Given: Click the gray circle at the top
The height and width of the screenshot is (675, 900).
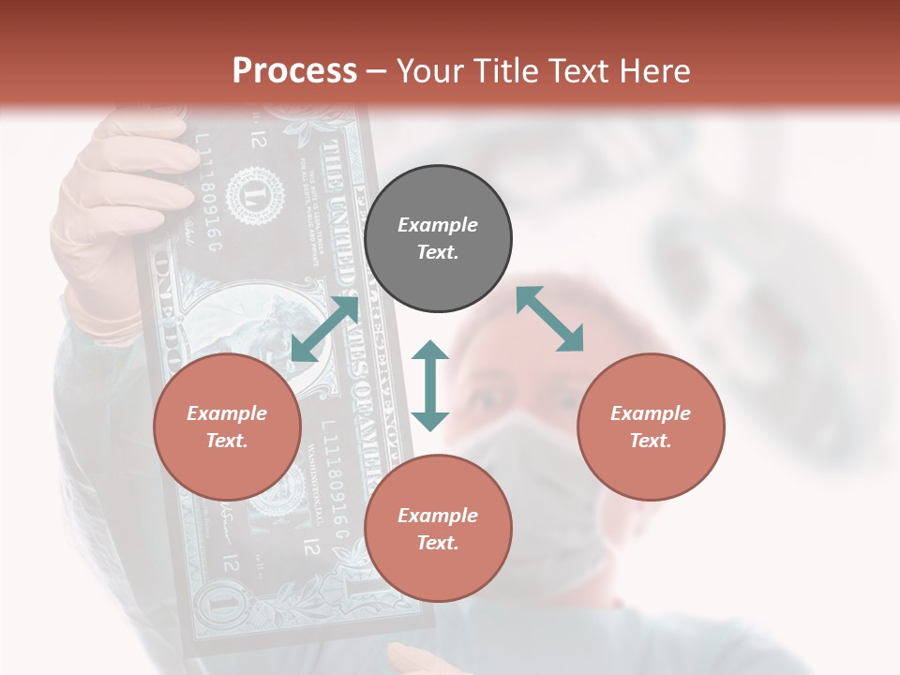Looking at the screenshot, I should (438, 239).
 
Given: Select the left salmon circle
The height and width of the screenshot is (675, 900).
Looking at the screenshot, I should (227, 427).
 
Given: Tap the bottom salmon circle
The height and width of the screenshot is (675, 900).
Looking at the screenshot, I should (438, 529).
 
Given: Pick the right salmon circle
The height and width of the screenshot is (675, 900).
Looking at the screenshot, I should (651, 427).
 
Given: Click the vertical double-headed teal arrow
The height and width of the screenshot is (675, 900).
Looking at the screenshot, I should (430, 385).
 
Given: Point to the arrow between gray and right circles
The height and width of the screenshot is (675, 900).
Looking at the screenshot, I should (549, 319).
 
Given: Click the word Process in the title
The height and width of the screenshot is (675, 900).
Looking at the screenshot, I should (294, 70).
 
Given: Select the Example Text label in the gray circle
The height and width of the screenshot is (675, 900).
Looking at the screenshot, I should (438, 238).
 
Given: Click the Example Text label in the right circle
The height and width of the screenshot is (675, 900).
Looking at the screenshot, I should (651, 427).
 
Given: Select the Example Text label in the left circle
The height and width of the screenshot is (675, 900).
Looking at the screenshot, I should (227, 427).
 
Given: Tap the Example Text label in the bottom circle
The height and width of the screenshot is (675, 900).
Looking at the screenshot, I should (438, 529).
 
